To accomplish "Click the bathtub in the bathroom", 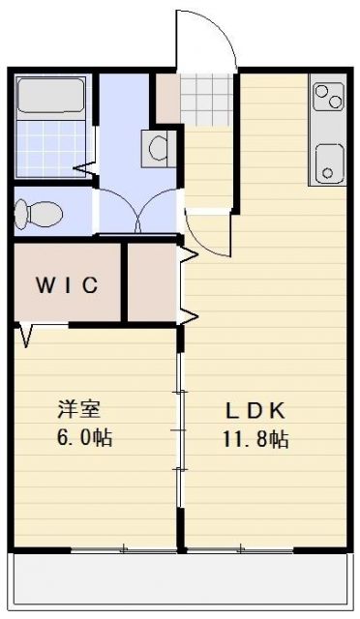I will pos(51,98).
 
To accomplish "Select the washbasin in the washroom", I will pos(159,148).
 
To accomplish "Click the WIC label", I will pos(67,284).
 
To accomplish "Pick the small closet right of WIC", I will pos(152,284).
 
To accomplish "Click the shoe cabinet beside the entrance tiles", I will pos(168,97).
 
